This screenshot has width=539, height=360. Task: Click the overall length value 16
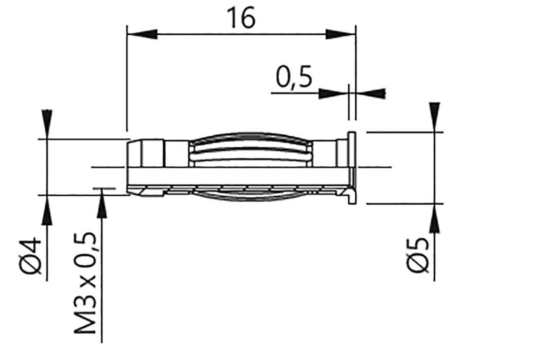coord(242,18)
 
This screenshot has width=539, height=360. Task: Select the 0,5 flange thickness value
coord(293,77)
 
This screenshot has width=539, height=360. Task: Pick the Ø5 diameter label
coord(418,256)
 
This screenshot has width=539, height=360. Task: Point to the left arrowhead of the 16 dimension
coord(142,34)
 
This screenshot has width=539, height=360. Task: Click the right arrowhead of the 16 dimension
coord(341,34)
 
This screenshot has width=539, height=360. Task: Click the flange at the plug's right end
coord(352,167)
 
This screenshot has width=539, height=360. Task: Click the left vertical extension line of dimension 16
coord(127,79)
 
